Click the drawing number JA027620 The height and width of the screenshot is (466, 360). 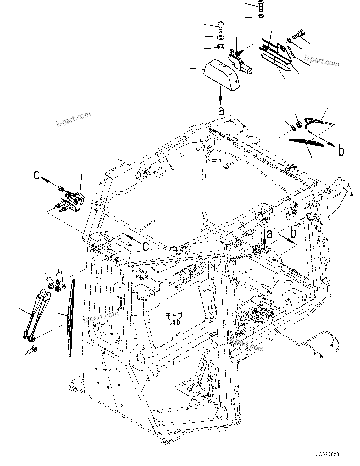coord(328,454)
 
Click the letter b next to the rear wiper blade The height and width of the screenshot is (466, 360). coord(341,151)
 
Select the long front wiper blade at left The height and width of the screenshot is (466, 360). coord(72,318)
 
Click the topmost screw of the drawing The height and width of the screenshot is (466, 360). coord(261,4)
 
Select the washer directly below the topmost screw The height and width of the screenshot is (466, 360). coord(261,16)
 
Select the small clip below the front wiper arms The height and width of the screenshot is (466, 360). coord(34,349)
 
